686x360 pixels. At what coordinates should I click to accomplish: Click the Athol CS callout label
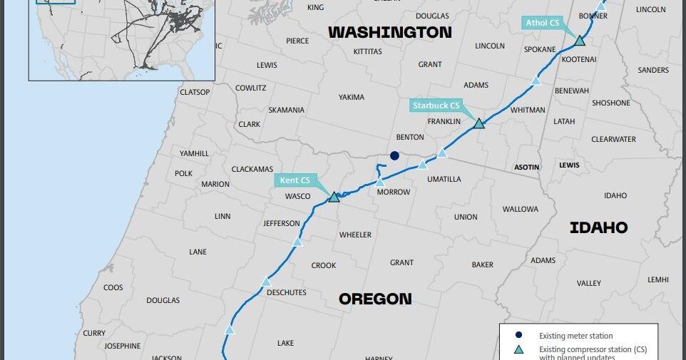coord(543,23)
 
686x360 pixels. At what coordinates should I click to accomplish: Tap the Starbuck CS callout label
coord(436,106)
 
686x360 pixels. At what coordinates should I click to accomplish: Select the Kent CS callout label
coord(295,180)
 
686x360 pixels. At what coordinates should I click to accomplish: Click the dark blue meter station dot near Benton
coord(394,155)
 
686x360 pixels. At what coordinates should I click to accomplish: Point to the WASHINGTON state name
coord(389,32)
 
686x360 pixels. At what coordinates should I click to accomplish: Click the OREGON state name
coord(375,299)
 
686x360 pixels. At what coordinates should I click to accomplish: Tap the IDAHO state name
coord(598,227)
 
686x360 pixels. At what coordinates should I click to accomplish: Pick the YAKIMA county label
coord(351,97)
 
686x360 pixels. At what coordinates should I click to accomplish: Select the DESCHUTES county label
coord(286,292)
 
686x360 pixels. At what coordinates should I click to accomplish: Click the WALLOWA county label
coord(520,209)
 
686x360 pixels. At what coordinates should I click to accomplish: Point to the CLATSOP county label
coord(195,92)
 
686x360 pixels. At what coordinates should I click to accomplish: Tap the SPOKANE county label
coord(539,49)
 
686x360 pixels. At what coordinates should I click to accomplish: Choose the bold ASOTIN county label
coord(527,167)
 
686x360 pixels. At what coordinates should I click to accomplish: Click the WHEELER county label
coord(355,235)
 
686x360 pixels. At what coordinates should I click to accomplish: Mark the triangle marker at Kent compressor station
coord(334,196)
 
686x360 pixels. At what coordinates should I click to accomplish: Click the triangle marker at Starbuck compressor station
coord(479,123)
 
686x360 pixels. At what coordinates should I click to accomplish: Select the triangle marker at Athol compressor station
coord(580,41)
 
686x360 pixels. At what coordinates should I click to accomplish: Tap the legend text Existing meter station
coord(575,336)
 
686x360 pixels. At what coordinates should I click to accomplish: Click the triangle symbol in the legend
coord(519,350)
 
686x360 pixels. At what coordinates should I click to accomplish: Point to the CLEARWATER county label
coord(613,139)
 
